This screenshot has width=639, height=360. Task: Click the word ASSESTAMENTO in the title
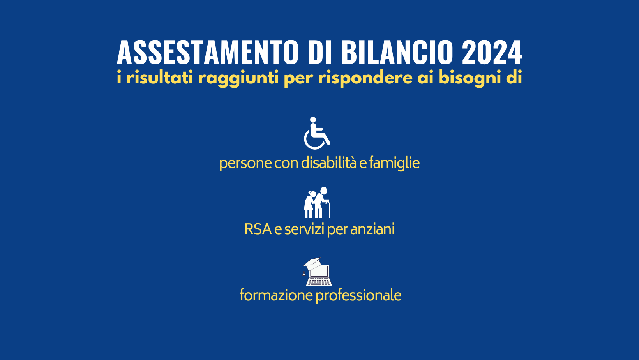coord(208,53)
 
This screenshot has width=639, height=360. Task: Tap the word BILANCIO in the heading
coord(397,53)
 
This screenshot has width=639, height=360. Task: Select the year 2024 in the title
coord(492,53)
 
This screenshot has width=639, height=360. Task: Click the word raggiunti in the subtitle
coord(238,78)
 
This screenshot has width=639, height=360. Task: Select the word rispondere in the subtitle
coord(365,78)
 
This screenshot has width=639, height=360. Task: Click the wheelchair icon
coord(317,133)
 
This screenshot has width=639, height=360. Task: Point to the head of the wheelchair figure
coord(313,120)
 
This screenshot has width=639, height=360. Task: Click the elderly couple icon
coord(317,202)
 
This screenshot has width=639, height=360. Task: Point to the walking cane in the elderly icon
coord(328,209)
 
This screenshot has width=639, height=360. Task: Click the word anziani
coord(372,229)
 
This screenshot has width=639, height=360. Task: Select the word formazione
coord(276,295)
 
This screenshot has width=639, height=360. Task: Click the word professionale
coord(358,296)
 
